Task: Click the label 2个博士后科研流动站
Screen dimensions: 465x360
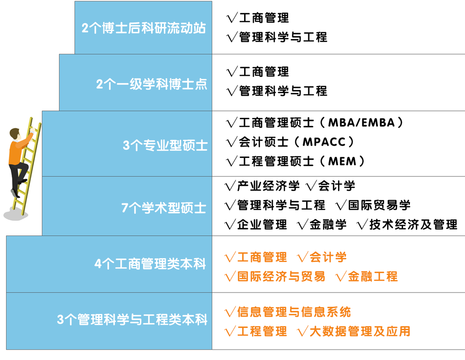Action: (x=144, y=29)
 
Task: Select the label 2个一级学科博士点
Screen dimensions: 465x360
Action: (x=152, y=84)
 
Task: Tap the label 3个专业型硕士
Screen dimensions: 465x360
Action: (x=165, y=145)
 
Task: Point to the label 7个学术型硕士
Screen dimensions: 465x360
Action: (x=164, y=208)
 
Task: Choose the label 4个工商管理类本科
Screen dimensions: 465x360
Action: (x=150, y=264)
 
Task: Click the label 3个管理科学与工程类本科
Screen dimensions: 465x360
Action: (x=132, y=320)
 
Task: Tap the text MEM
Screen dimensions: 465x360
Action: (x=342, y=161)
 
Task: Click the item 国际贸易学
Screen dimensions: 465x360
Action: (x=379, y=205)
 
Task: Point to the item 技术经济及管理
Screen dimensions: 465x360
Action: (x=413, y=224)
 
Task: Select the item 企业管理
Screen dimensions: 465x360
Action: (x=262, y=224)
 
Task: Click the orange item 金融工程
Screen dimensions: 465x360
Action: (x=373, y=276)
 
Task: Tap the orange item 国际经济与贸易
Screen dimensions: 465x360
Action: (x=281, y=276)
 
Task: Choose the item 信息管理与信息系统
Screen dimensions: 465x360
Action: (x=294, y=312)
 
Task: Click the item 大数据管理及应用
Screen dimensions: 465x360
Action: (x=360, y=331)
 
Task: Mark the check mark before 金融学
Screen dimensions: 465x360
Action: (x=303, y=224)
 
